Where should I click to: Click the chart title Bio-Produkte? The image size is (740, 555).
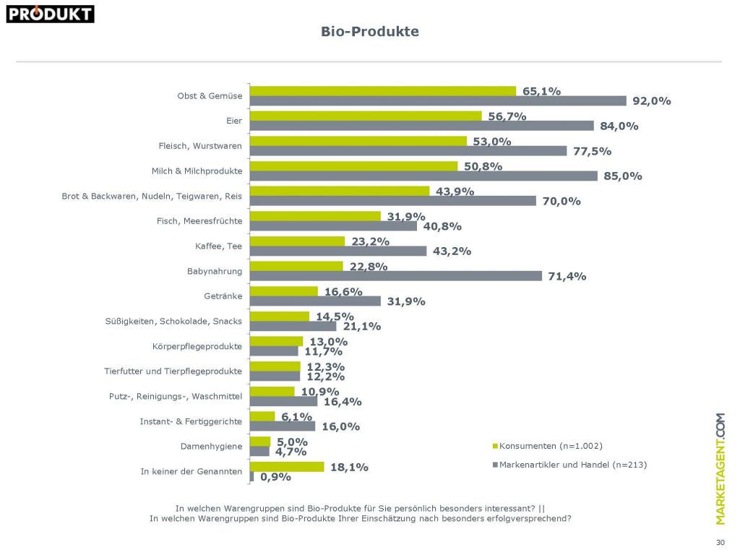[369, 32]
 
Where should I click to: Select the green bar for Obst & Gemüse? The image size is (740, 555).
[382, 91]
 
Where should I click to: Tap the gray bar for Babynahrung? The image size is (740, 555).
[395, 276]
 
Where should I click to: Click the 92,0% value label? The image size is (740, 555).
[651, 101]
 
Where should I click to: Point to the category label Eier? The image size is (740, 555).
[233, 121]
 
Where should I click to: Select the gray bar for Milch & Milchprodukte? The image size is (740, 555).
[423, 176]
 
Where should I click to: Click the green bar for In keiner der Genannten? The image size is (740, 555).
[286, 467]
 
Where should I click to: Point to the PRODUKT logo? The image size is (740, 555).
[50, 13]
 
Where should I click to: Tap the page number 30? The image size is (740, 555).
[720, 541]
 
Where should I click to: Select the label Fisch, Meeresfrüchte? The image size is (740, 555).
[199, 220]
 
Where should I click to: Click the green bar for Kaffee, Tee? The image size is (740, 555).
[297, 241]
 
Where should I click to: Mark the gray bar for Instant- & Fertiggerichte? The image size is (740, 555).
[282, 426]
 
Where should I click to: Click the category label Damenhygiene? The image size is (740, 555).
[211, 447]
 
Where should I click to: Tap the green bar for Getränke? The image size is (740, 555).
[283, 291]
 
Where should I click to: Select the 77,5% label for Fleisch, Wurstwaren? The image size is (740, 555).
[593, 151]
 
